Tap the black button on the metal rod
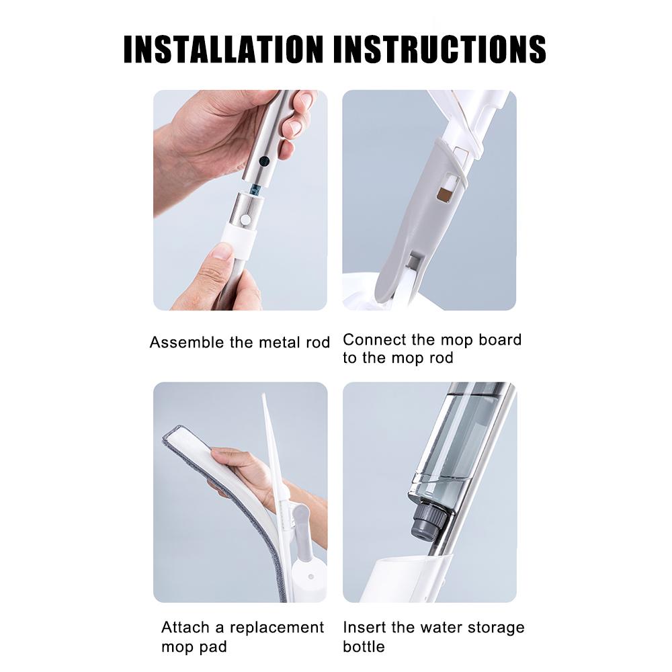[265, 161]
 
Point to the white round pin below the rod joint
[247, 219]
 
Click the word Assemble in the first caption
[186, 342]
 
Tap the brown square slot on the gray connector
[444, 194]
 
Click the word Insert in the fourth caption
[363, 627]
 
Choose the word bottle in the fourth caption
[364, 646]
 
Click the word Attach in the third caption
[182, 627]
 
